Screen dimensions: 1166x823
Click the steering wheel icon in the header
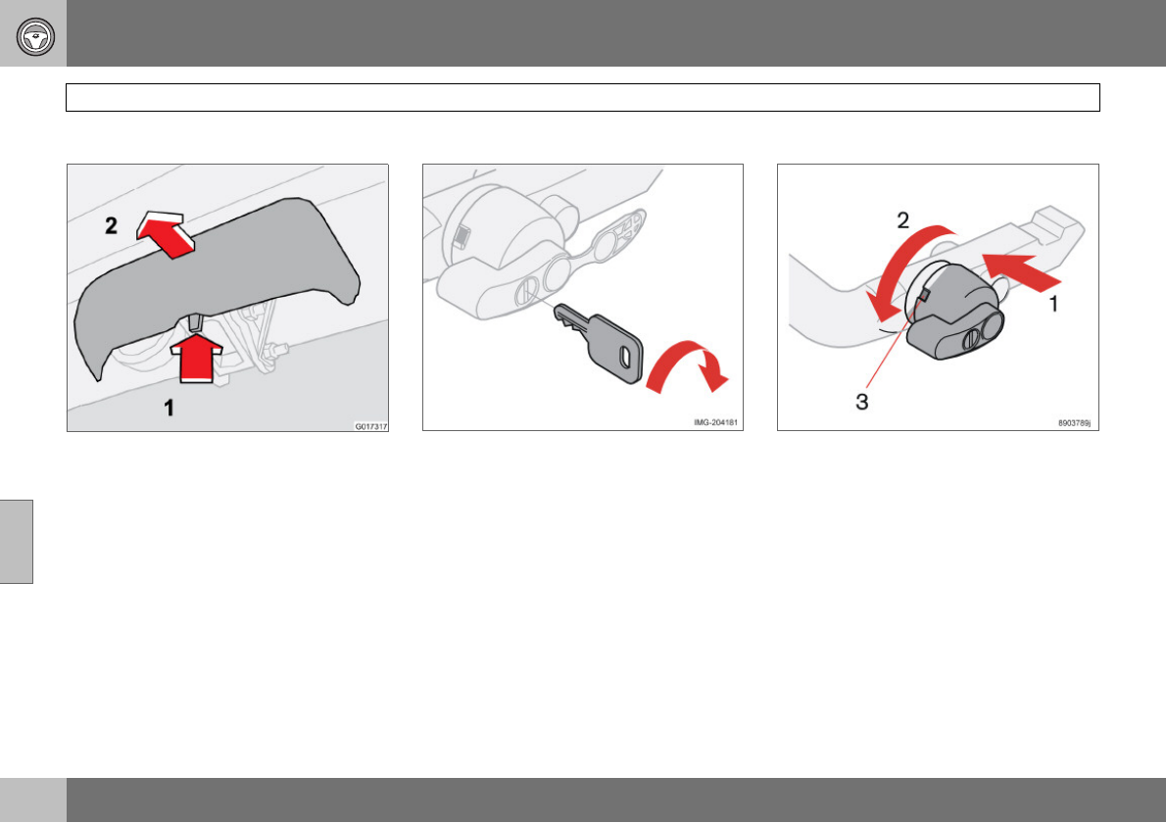35,35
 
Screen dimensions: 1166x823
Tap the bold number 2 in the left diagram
111,225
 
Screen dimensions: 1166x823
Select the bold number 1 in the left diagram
169,408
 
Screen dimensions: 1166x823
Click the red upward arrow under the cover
197,356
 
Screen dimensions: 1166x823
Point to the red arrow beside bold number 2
166,233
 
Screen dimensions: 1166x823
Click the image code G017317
370,427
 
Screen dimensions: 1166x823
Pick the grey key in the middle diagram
600,342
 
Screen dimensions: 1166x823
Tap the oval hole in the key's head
625,356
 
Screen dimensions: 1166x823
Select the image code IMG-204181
715,422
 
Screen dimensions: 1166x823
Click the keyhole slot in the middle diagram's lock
527,290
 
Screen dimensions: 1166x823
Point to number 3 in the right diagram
862,403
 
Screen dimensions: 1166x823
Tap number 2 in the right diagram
902,220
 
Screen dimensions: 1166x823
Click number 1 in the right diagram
1053,304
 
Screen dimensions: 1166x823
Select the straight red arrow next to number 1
1022,271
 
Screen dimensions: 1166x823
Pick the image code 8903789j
1075,423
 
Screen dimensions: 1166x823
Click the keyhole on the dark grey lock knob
972,340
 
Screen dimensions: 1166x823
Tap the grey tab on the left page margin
17,541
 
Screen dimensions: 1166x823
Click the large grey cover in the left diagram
216,275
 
